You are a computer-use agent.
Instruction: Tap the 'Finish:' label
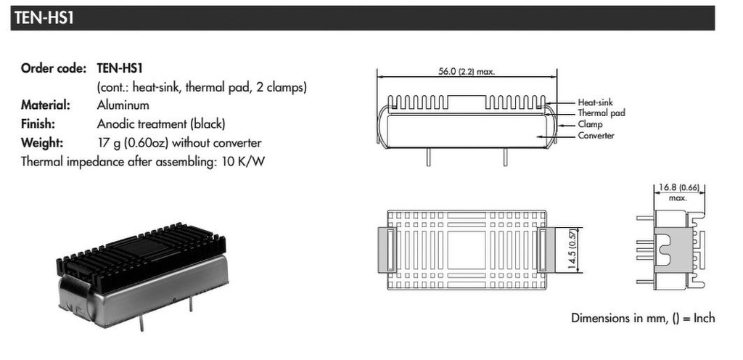38,123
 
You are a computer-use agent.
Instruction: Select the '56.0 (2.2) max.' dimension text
467,72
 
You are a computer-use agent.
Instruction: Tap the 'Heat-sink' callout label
595,103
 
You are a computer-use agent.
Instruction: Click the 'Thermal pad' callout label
601,113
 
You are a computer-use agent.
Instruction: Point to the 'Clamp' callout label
590,124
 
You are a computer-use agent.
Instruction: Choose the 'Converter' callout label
596,136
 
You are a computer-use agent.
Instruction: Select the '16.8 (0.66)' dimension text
678,188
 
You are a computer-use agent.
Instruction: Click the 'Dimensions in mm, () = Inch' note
642,319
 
